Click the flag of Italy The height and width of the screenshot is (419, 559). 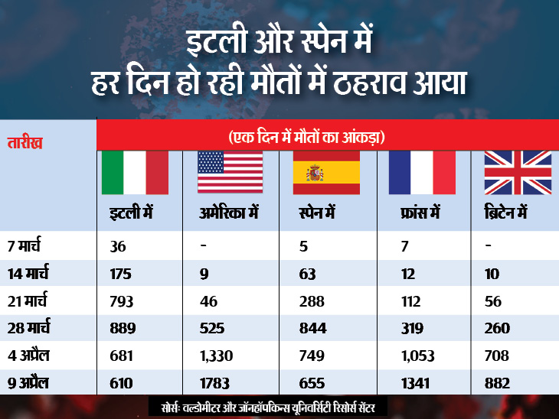(135, 172)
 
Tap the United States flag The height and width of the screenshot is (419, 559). (230, 172)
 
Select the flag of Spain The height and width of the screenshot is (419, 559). (326, 172)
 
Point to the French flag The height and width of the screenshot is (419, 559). (422, 172)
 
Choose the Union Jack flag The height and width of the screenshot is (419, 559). (518, 172)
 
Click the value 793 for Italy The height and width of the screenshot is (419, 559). (121, 302)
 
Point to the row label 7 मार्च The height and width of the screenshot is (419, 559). (28, 247)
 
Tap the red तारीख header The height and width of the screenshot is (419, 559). (25, 142)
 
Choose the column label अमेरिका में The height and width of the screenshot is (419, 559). (227, 216)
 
